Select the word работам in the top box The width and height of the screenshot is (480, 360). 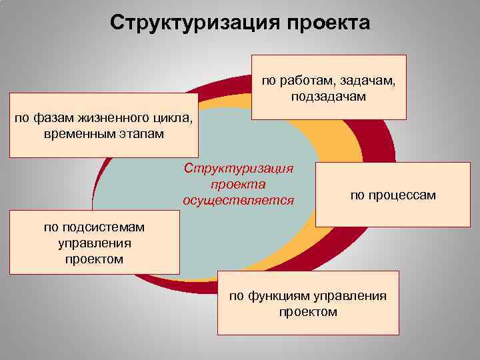(307, 81)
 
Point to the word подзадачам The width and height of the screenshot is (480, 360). (328, 97)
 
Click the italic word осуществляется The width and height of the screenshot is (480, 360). (238, 199)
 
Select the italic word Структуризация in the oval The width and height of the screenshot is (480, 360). (238, 169)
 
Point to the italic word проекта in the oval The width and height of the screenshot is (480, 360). (238, 184)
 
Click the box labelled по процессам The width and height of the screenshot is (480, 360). (393, 195)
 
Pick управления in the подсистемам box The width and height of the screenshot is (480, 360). (94, 243)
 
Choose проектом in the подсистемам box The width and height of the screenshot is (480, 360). (94, 259)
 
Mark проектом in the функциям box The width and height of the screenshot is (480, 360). (308, 311)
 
